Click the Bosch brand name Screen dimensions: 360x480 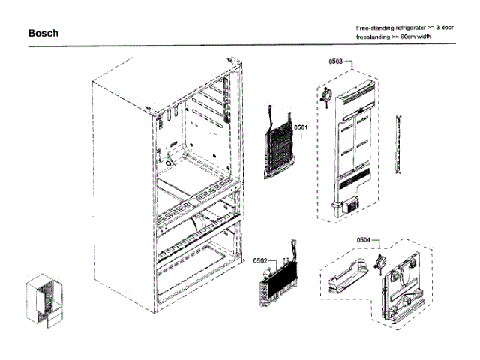[x=43, y=34]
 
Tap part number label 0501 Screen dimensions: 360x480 [x=301, y=128]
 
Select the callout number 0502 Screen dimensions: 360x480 [x=260, y=260]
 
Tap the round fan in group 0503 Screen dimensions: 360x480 [x=328, y=94]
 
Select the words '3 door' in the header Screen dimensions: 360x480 [x=444, y=27]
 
